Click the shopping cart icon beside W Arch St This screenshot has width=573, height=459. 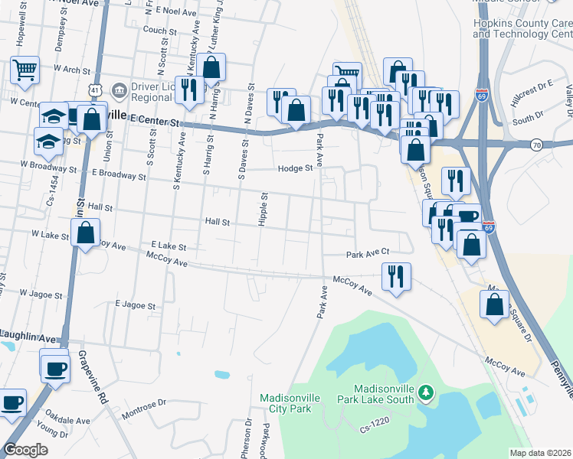[25, 70]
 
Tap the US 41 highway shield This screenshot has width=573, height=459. [93, 90]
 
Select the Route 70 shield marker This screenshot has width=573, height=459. [536, 145]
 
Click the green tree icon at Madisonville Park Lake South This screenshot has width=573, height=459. [425, 394]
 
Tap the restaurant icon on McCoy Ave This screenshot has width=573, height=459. [396, 277]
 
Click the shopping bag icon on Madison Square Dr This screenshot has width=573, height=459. [495, 304]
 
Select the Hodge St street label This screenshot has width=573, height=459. [296, 168]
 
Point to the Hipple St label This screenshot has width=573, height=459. [263, 208]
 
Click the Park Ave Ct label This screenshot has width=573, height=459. [368, 252]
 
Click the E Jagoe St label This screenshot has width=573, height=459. [135, 305]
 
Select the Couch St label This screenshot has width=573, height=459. [160, 31]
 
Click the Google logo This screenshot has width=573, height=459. [25, 450]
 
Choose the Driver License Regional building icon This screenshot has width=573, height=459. [119, 90]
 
